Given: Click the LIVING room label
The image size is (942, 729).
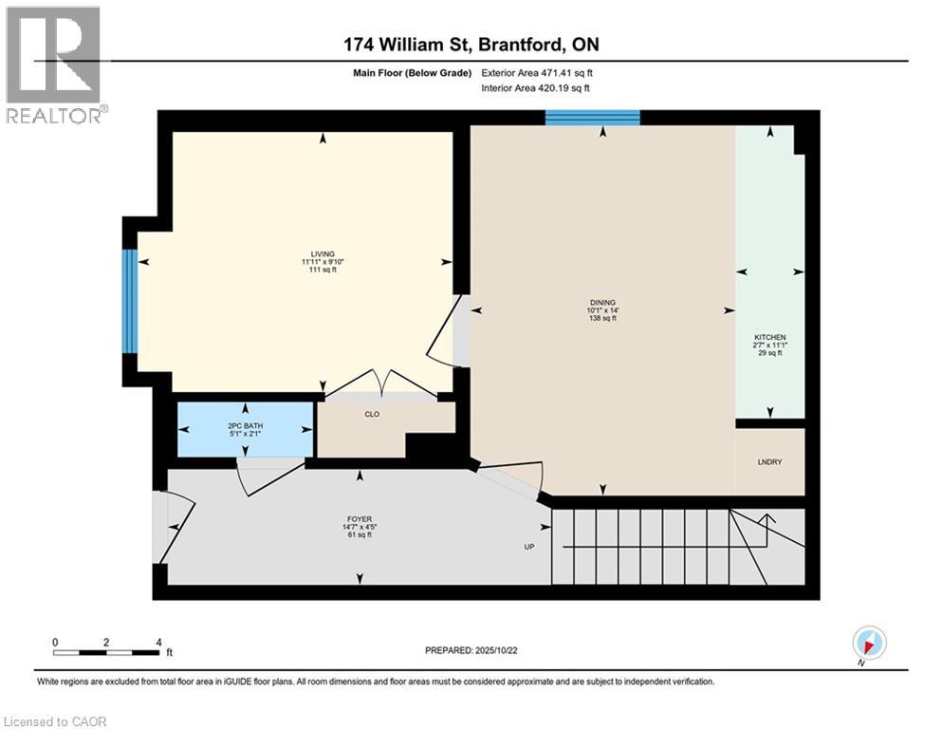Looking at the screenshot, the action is tap(323, 254).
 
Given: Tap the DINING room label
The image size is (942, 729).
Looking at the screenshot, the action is tap(602, 302).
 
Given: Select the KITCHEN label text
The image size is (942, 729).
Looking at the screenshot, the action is tap(770, 337).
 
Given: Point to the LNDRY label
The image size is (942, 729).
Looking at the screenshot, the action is tap(769, 461).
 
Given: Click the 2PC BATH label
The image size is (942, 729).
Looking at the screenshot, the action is tap(246, 425).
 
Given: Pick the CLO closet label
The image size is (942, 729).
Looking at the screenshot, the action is tap(372, 414).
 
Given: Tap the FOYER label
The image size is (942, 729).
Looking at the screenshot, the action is tap(360, 519).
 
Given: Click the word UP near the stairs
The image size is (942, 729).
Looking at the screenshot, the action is tap(529, 547).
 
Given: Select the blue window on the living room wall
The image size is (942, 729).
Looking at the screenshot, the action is tap(130, 301).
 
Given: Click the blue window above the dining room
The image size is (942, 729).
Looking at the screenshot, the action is tap(592, 117).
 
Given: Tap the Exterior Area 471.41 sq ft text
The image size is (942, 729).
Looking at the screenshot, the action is tap(537, 73).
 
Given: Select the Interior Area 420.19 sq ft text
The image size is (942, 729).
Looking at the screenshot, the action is tap(535, 87).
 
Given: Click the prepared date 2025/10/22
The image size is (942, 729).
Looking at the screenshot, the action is tap(495, 650).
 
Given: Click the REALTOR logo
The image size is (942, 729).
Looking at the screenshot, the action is tap(54, 65).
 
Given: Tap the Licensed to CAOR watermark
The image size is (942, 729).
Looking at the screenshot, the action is tap(55, 721).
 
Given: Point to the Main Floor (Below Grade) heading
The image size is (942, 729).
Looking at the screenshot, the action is tap(412, 73).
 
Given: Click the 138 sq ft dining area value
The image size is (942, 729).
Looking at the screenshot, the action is tap(602, 318).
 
